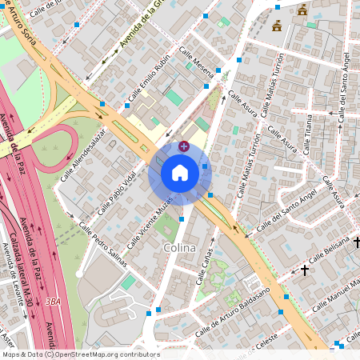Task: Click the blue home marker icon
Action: (180, 173)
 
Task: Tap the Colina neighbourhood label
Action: (179, 248)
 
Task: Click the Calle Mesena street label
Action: (197, 62)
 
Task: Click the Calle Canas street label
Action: (206, 268)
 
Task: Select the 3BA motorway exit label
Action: (54, 302)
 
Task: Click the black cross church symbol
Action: (304, 271)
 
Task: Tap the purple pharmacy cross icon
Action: (185, 146)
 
